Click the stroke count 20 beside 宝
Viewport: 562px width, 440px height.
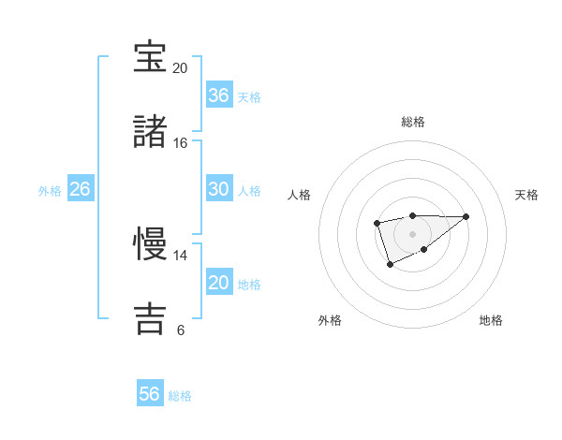point(180,68)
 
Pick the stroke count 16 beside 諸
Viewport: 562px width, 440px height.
point(180,143)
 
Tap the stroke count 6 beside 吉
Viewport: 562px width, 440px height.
point(180,330)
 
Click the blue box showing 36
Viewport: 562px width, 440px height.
point(219,95)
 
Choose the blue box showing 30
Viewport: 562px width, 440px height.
point(219,189)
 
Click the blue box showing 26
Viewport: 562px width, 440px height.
point(81,189)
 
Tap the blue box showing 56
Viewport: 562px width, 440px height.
point(150,394)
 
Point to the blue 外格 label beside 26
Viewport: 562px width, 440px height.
point(50,190)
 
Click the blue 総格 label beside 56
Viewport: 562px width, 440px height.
point(180,395)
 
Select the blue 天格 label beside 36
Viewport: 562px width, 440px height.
point(249,96)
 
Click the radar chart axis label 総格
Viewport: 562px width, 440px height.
point(412,122)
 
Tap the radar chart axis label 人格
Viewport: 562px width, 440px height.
point(300,195)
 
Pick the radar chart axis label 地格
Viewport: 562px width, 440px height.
point(491,320)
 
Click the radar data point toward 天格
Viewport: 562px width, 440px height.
point(466,216)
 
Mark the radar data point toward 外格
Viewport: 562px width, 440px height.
point(390,265)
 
